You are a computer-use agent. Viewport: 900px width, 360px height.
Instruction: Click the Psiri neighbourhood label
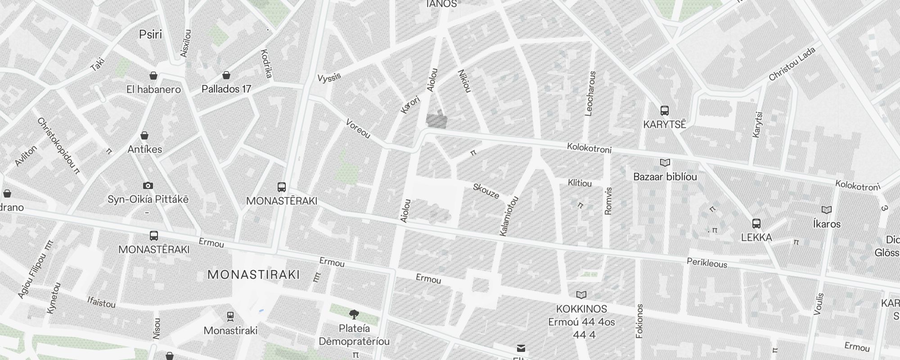150,35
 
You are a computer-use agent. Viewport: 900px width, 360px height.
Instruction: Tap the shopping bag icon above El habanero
153,75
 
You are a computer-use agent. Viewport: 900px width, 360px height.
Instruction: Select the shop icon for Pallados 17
226,75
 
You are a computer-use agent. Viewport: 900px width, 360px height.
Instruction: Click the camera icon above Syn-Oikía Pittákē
148,185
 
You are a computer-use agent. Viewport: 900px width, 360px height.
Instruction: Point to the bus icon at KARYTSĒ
664,110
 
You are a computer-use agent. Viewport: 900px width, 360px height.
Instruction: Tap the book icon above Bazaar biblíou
665,162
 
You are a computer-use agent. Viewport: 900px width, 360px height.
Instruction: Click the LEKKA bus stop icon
756,224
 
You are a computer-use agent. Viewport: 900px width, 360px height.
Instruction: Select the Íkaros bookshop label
827,224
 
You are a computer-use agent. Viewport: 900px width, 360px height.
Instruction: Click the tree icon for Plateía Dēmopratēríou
354,314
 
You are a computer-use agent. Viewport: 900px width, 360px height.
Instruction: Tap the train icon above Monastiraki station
230,316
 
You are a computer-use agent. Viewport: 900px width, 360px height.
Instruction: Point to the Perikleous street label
707,263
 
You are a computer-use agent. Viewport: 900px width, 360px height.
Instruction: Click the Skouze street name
486,191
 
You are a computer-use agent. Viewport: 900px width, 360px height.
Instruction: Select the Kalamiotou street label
509,216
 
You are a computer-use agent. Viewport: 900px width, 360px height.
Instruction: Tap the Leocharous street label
590,94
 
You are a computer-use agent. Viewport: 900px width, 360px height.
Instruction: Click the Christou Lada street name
792,64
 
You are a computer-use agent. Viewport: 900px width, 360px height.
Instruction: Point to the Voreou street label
358,129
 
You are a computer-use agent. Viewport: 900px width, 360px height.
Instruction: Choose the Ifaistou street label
101,302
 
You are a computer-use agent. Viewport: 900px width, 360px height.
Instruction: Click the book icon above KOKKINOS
581,295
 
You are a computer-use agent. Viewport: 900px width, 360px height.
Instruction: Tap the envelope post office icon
521,348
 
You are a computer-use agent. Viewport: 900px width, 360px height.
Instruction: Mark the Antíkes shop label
144,149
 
